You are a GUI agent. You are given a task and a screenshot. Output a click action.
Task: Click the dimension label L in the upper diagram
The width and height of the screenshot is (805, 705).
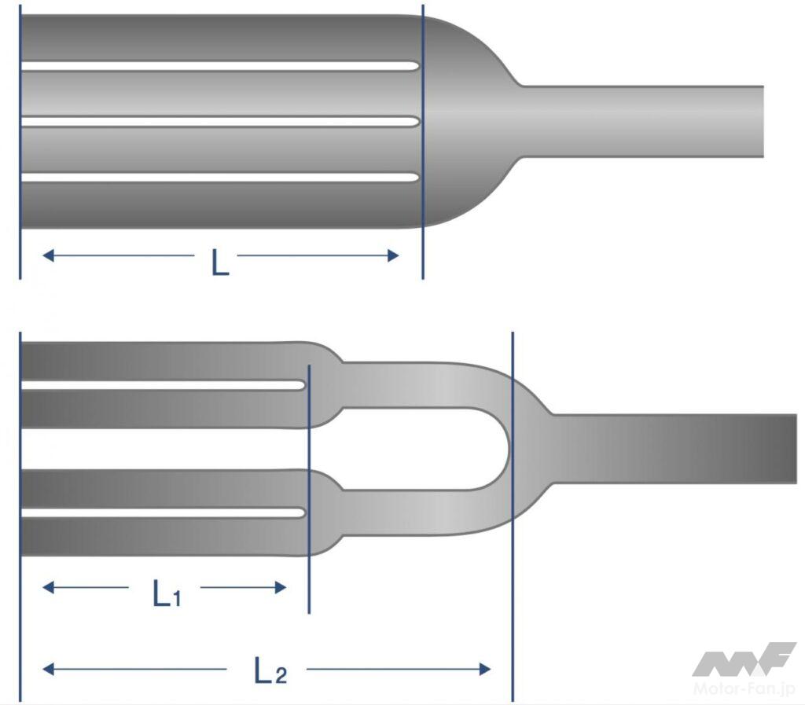click(220, 263)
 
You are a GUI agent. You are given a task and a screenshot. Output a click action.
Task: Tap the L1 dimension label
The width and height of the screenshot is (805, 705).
click(167, 593)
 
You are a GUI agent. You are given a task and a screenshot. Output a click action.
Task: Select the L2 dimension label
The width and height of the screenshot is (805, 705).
click(270, 670)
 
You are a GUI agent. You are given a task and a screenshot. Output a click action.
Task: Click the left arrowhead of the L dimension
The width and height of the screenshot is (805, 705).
click(48, 255)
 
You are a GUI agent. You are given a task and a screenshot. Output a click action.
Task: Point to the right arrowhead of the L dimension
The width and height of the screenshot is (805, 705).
click(393, 255)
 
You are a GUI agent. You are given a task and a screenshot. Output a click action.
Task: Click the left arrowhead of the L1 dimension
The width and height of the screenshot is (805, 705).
click(48, 587)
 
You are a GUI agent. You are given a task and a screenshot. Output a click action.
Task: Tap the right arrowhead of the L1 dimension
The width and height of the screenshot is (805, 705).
click(281, 587)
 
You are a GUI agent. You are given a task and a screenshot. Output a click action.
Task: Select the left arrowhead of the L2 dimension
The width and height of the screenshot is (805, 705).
click(48, 669)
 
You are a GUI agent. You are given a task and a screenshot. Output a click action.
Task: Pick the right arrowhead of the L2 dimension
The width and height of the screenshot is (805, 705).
click(484, 669)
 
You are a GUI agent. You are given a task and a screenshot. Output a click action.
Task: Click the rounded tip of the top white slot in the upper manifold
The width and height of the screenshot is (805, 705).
click(417, 66)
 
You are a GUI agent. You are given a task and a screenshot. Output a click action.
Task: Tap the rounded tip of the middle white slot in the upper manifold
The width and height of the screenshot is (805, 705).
click(417, 122)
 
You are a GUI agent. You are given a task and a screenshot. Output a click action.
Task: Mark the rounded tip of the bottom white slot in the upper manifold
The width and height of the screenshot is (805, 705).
click(417, 178)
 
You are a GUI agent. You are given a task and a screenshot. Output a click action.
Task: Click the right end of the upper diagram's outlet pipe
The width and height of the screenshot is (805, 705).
click(763, 121)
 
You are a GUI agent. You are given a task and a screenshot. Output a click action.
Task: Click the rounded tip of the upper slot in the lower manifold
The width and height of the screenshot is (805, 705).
click(303, 385)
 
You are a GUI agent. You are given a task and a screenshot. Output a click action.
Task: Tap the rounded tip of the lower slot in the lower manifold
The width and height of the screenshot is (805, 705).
click(303, 512)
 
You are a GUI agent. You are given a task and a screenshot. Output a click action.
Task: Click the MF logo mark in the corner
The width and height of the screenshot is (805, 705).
click(744, 659)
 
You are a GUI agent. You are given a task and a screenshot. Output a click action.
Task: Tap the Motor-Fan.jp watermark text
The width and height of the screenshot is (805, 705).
click(744, 688)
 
